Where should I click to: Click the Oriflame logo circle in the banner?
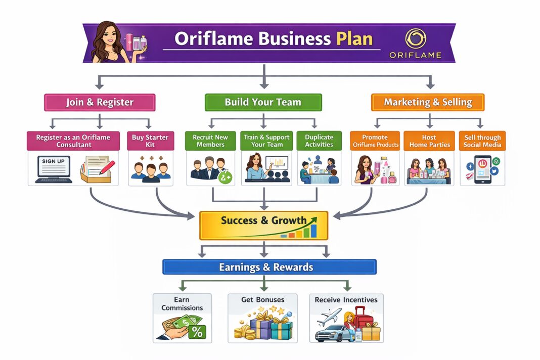416,38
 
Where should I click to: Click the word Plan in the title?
355,39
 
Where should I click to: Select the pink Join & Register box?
100,103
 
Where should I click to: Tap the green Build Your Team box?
263,102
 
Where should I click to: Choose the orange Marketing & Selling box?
428,102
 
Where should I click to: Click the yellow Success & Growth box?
263,225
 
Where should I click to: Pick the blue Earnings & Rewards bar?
269,267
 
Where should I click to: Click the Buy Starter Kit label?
150,141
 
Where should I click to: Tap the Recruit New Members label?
210,141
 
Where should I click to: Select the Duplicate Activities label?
319,141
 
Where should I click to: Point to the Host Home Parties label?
429,141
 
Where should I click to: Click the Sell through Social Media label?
482,141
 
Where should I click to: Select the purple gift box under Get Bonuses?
260,328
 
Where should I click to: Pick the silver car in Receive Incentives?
332,333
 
